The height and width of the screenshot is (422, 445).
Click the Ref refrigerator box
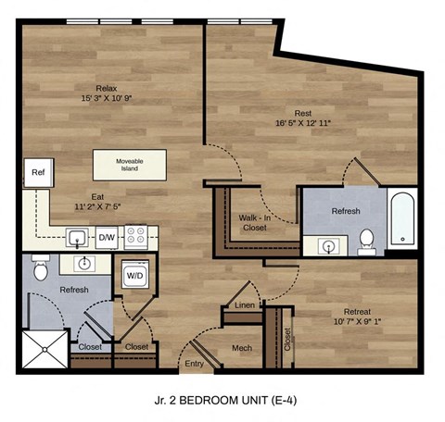[38, 173]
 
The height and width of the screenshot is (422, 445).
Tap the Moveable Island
[129, 166]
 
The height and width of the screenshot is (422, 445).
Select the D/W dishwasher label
[108, 238]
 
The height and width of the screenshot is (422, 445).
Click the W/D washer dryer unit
[134, 275]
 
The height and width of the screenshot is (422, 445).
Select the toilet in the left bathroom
[40, 270]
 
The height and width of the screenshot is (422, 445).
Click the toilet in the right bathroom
[368, 240]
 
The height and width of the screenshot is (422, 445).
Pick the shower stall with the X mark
[44, 350]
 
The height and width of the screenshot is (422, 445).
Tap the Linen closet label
[245, 304]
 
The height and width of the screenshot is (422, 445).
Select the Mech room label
[242, 348]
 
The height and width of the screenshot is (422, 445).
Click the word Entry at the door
[196, 365]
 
